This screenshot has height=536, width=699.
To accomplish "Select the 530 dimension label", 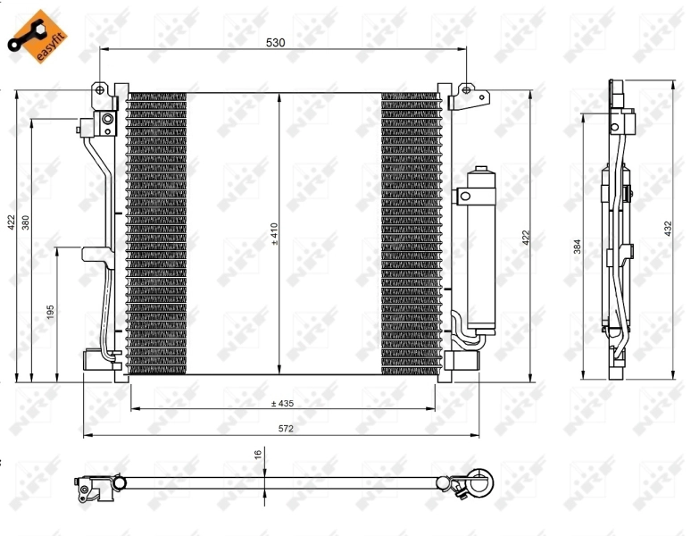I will pyautogui.click(x=277, y=42).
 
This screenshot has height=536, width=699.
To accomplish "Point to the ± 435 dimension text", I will pyautogui.click(x=283, y=403).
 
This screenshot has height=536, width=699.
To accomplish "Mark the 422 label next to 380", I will pyautogui.click(x=10, y=222).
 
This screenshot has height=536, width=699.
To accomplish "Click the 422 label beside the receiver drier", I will pyautogui.click(x=526, y=237).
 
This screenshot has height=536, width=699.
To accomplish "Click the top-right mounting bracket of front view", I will pyautogui.click(x=466, y=95).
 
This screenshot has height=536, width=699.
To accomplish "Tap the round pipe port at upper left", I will pyautogui.click(x=107, y=121).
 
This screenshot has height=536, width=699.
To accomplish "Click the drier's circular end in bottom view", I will pyautogui.click(x=480, y=483).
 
